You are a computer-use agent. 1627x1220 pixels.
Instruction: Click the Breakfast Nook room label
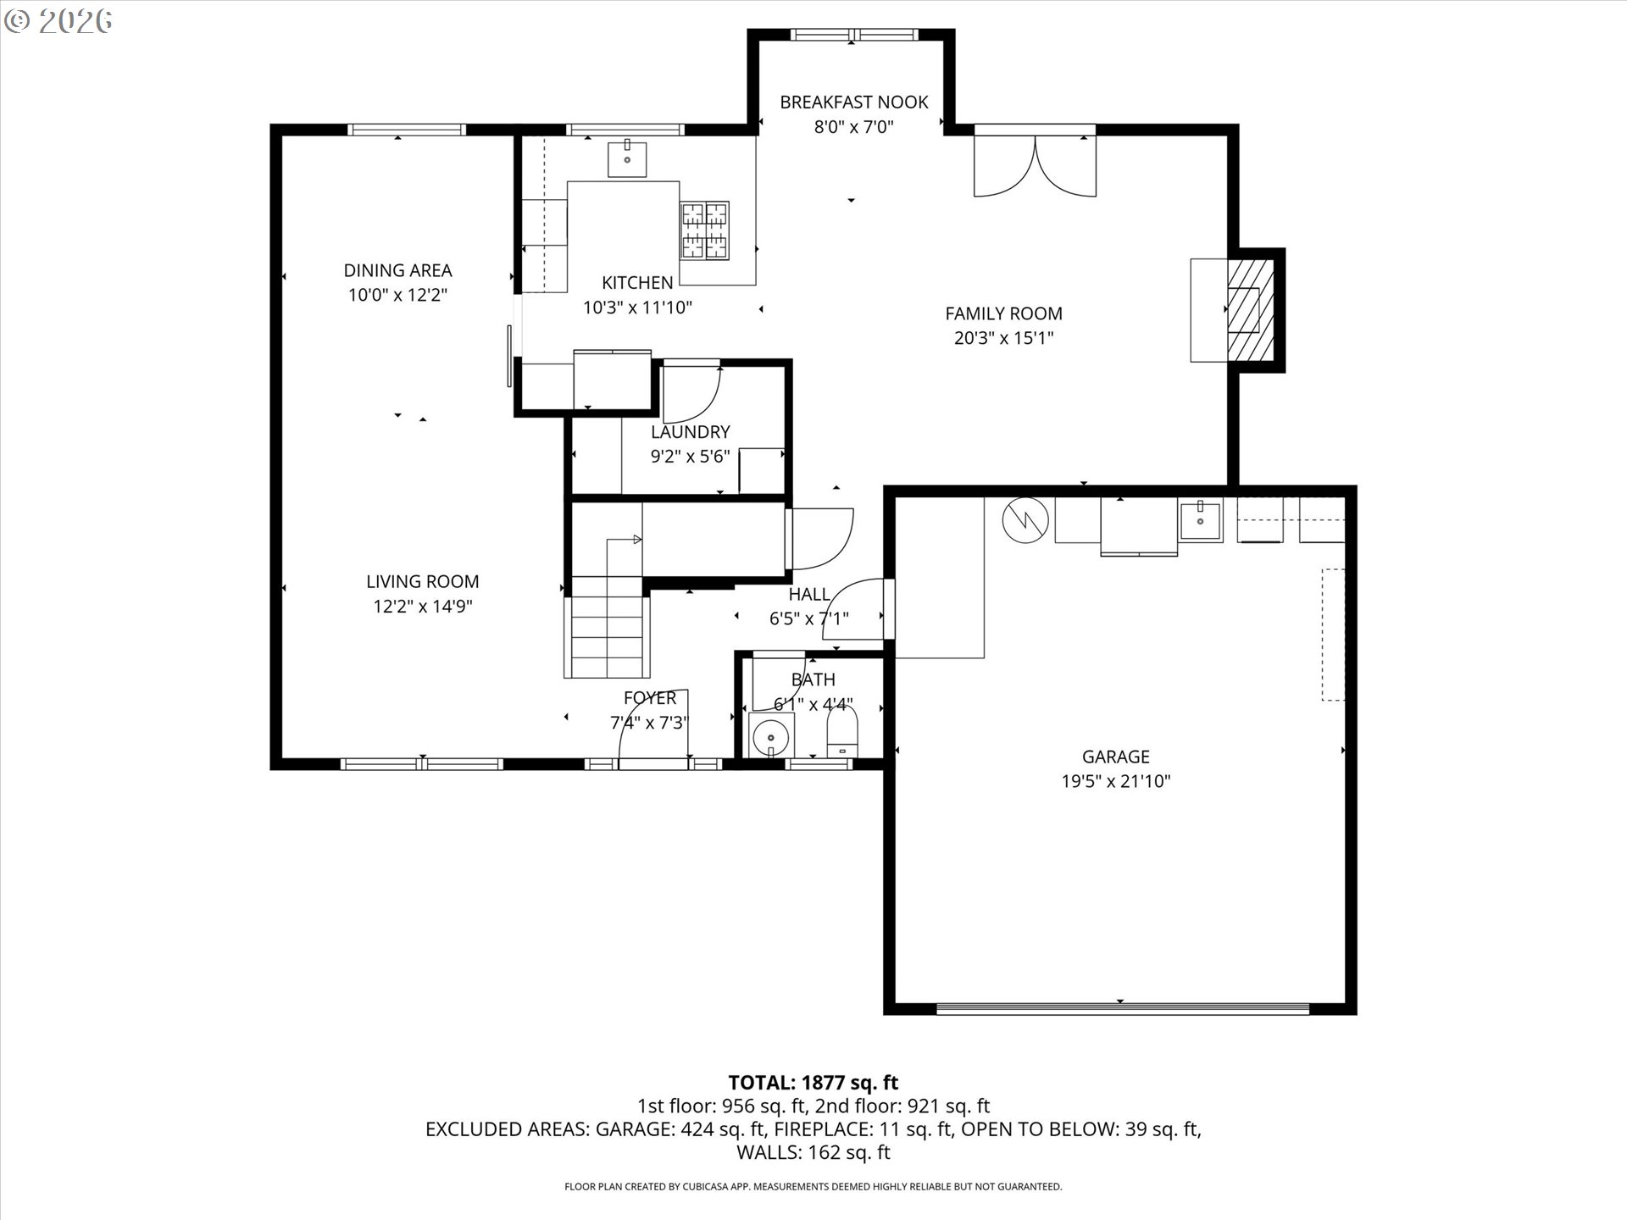coord(853,103)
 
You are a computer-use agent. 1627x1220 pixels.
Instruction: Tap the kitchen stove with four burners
coord(705,230)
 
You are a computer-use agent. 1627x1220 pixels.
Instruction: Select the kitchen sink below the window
coord(627,158)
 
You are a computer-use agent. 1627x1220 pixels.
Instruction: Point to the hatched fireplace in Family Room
coord(1250,310)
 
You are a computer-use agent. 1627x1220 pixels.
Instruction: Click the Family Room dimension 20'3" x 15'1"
coord(1003,338)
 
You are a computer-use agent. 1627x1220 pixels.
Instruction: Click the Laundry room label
coord(690,432)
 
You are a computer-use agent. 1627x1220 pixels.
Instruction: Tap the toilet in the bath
coord(841,734)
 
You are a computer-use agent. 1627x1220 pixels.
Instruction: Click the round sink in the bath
coord(771,735)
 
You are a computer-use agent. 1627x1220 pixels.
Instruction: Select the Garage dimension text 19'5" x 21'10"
coord(1115,781)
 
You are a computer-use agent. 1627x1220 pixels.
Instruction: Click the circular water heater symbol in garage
coord(1025,519)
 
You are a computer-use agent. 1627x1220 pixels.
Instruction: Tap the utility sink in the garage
coord(1200,519)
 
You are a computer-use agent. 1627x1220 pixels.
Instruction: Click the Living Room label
coord(422,582)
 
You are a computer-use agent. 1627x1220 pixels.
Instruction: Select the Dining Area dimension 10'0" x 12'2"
coord(397,295)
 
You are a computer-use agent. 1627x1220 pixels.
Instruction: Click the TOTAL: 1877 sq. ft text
coord(813,1082)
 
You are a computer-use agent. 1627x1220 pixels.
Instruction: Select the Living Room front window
coord(421,764)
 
